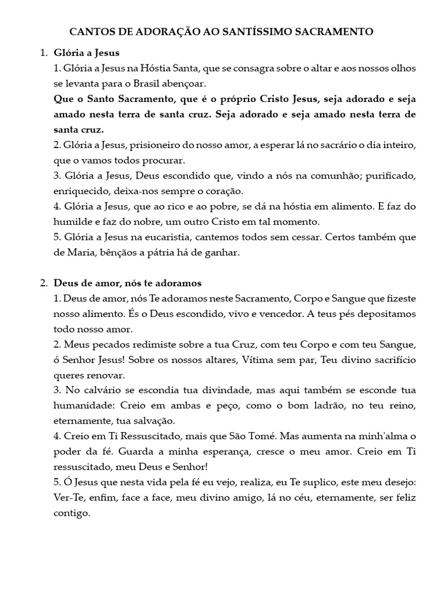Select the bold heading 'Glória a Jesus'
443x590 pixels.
(87, 53)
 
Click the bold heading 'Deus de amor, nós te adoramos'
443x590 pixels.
(127, 283)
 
